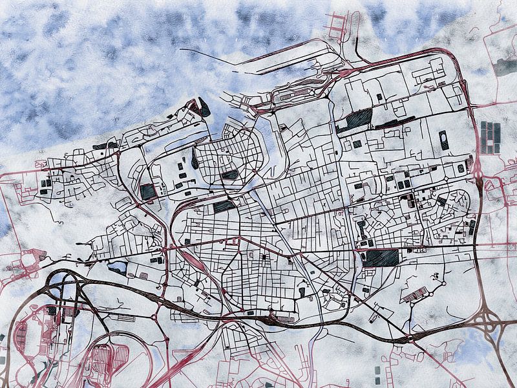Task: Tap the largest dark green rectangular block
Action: coord(381,258)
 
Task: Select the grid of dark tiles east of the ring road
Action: coord(491,137)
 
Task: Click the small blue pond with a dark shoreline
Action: coord(118,268)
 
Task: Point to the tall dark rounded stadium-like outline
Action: coord(444,140)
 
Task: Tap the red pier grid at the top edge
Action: coord(339,26)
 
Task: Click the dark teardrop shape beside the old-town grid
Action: coord(195,159)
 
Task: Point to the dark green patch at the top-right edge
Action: coord(505,67)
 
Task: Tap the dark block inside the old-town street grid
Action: coord(230,174)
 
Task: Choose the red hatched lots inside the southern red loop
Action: coord(100,359)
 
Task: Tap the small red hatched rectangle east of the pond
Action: coord(143,275)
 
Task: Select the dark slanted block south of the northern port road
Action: coord(355,118)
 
